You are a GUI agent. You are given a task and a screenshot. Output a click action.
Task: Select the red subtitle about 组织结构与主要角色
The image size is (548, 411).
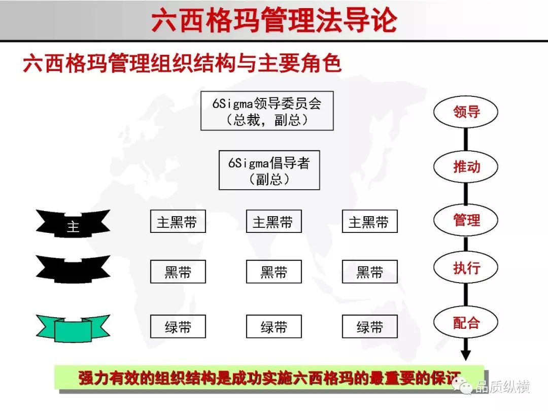pos(182,63)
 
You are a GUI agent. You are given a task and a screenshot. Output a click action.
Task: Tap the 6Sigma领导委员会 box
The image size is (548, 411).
pos(267,111)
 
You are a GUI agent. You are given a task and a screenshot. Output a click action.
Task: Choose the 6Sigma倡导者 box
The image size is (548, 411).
pos(269,170)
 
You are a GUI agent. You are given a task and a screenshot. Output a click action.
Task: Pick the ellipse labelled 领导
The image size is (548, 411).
pos(465,112)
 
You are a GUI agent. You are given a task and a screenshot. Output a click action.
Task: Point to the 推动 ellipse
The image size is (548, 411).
pos(465,167)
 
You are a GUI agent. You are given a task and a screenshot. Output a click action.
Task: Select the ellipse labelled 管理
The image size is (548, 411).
pos(465,220)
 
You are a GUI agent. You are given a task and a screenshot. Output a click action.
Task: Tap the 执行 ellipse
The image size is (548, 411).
pos(465,268)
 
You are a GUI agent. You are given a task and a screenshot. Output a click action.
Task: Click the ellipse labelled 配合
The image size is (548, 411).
pos(465,322)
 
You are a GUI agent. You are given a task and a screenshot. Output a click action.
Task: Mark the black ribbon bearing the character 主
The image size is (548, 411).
pos(73,224)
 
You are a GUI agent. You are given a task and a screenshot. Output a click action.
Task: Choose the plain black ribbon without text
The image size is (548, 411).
pos(73,269)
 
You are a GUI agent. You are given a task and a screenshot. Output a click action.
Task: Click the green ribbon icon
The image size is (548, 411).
pos(73,328)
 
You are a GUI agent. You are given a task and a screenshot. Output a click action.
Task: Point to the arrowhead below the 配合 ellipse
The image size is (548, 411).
pos(465,355)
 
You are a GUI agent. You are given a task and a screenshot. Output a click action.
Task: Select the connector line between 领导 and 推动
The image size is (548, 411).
pos(465,140)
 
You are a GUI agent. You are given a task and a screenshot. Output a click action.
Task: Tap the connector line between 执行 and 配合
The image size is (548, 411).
pos(465,295)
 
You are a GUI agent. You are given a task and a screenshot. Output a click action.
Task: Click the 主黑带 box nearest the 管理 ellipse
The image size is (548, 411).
pos(370,221)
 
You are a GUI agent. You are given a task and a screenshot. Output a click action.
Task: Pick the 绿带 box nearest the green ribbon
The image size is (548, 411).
pos(178,326)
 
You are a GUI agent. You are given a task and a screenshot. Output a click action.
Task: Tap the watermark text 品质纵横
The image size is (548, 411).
pos(502,387)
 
